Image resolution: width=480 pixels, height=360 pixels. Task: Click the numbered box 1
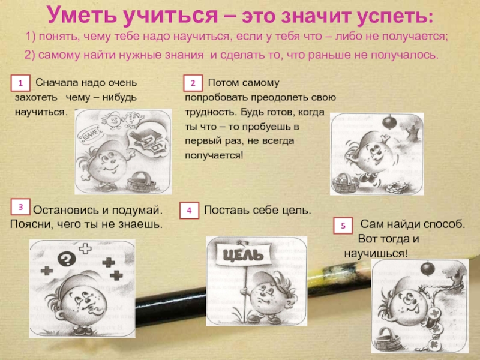[x=20, y=83]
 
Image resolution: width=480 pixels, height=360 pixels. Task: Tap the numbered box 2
[x=193, y=83]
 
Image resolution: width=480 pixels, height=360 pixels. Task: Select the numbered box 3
[x=20, y=207]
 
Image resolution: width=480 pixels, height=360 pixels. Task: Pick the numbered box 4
[x=189, y=211]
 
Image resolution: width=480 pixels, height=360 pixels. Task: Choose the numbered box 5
[x=343, y=226]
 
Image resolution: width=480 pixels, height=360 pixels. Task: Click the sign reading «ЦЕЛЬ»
[x=243, y=254]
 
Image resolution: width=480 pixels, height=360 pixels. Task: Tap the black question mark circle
[x=67, y=259]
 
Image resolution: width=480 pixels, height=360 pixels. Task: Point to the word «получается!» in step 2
[x=214, y=155]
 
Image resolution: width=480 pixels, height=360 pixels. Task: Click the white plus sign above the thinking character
[x=85, y=248]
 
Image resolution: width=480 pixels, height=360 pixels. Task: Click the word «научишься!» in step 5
[x=376, y=254]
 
